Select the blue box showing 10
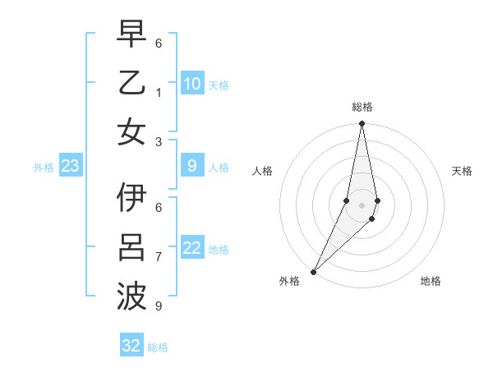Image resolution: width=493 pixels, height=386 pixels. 192,84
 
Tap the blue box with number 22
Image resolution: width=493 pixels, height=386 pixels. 192,248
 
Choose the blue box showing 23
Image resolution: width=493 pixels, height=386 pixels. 71,167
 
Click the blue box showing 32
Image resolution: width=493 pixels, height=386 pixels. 131,346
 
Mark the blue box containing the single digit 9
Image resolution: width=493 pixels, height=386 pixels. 192,167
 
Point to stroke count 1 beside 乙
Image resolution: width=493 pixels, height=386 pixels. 158,92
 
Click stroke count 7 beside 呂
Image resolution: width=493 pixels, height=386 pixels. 158,257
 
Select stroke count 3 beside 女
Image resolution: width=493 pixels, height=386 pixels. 158,141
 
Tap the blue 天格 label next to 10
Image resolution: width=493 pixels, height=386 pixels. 218,85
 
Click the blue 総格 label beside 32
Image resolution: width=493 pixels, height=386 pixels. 158,347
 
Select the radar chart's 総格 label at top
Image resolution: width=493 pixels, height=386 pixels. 362,107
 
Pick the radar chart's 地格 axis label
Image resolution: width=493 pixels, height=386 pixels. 431,281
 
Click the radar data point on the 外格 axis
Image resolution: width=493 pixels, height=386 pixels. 314,272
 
